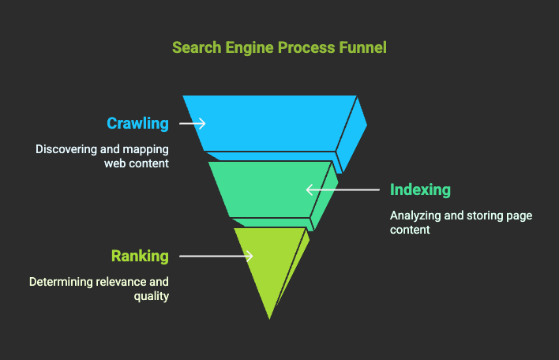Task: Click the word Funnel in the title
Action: coord(362,47)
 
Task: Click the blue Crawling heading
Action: coord(138,123)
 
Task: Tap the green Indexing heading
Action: coord(420,189)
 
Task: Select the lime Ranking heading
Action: coord(140,256)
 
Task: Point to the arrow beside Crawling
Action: coord(192,123)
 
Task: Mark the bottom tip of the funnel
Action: coord(270,318)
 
